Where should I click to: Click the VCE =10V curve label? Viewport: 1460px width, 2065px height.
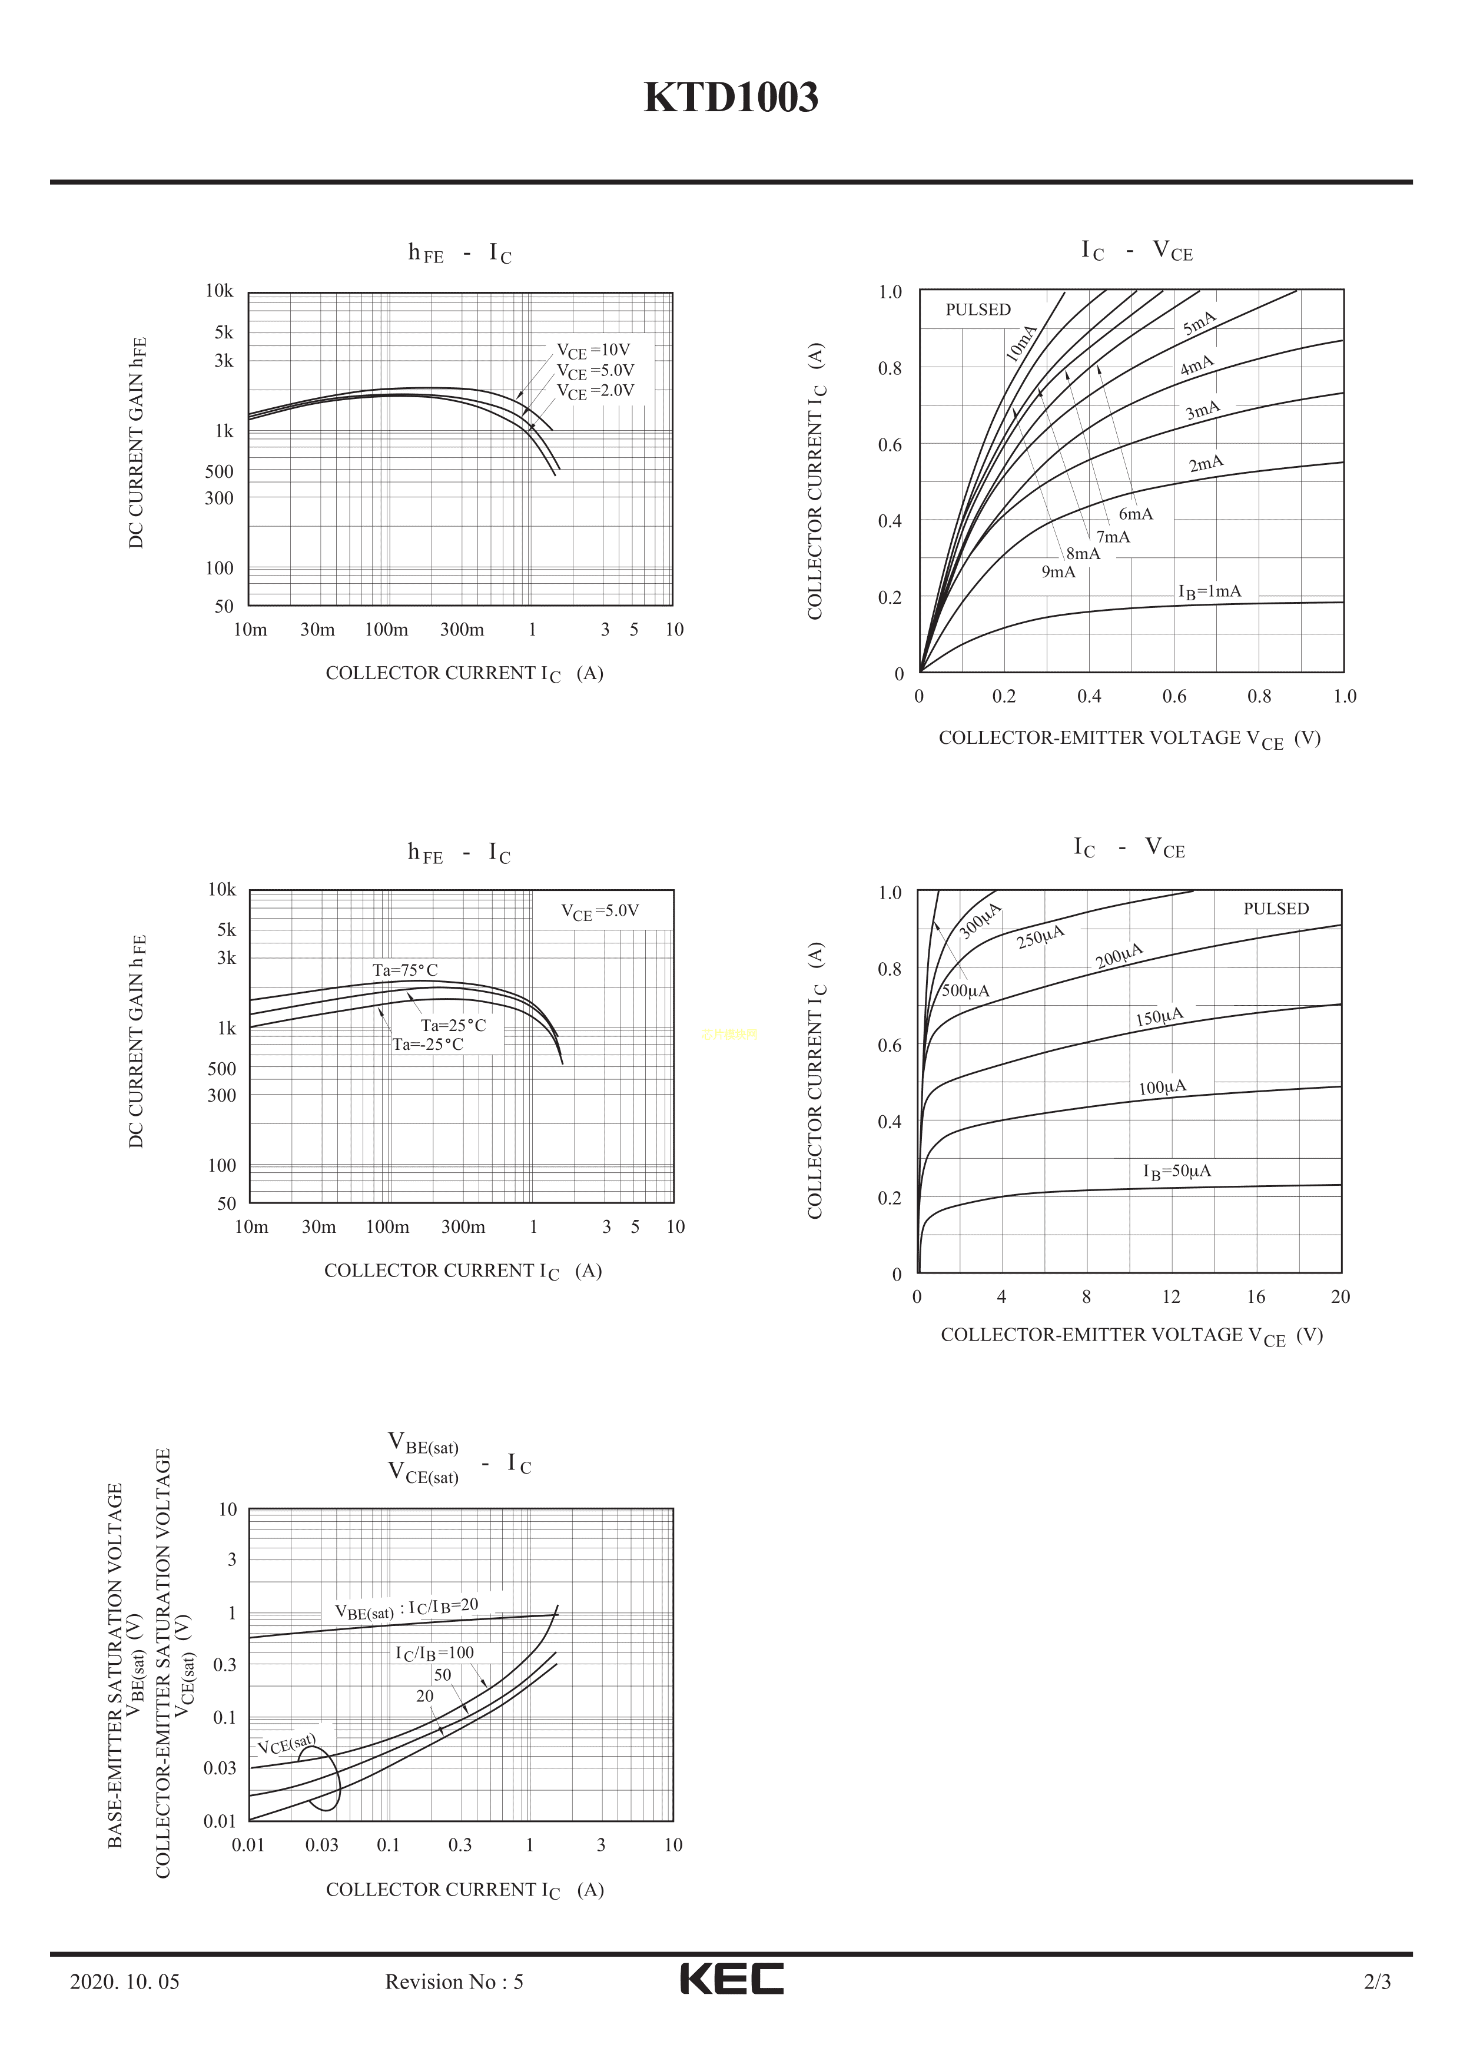(x=594, y=351)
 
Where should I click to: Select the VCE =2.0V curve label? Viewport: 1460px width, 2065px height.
(x=596, y=391)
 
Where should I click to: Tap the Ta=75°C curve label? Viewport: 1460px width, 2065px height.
(x=406, y=970)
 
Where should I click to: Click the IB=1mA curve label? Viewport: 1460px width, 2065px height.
(x=1210, y=592)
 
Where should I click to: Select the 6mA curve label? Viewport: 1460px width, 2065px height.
(x=1135, y=514)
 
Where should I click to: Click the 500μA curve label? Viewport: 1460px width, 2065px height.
(x=965, y=991)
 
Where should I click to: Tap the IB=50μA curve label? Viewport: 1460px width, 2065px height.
(x=1177, y=1171)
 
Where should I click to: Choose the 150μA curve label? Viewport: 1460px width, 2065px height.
(x=1160, y=1017)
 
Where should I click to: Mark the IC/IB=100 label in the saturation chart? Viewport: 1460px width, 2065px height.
(x=434, y=1653)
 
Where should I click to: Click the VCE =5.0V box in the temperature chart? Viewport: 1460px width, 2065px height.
(x=600, y=911)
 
